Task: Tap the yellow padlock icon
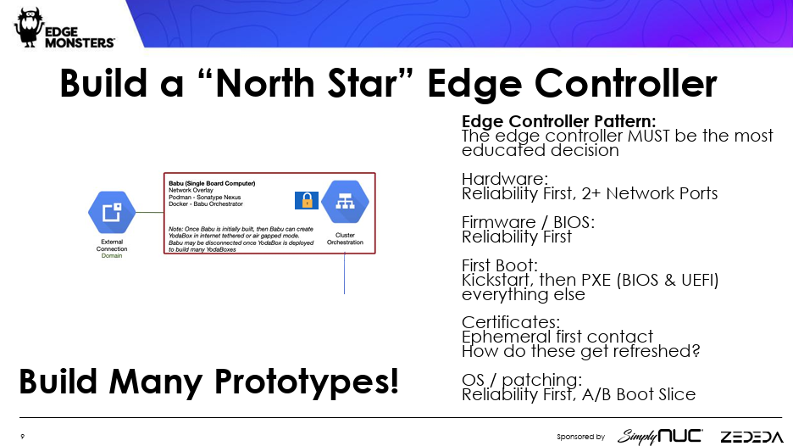[307, 200]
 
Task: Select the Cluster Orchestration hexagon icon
[345, 202]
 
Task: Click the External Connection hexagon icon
[112, 212]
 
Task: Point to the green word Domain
[112, 256]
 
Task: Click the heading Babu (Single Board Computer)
[212, 183]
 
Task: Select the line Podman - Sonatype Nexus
[205, 198]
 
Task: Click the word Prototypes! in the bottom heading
[307, 382]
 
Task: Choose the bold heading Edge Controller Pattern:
[559, 121]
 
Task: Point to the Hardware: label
[505, 179]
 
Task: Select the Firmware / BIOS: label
[528, 222]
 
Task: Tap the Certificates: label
[511, 322]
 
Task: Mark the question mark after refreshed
[696, 351]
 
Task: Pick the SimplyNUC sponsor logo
[660, 436]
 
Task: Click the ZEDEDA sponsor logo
[751, 437]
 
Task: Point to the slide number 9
[22, 437]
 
